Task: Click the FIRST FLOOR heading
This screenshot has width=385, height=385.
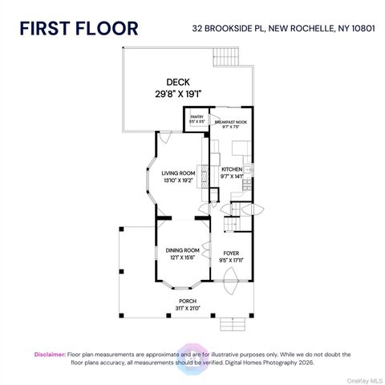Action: pyautogui.click(x=79, y=28)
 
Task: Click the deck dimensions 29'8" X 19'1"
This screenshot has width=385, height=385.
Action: pyautogui.click(x=179, y=94)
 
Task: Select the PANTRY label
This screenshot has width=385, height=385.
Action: pyautogui.click(x=197, y=117)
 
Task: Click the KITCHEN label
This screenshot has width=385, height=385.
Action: pyautogui.click(x=233, y=169)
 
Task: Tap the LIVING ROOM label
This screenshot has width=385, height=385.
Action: pyautogui.click(x=178, y=172)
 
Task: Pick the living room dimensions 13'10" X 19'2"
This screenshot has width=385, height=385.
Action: pyautogui.click(x=178, y=180)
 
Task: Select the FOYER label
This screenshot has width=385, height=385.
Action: pyautogui.click(x=232, y=253)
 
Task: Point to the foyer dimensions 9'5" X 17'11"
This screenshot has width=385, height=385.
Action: pyautogui.click(x=232, y=260)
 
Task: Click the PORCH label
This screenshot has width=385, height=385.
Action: pyautogui.click(x=188, y=301)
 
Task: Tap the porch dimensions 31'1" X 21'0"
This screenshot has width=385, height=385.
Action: pyautogui.click(x=188, y=307)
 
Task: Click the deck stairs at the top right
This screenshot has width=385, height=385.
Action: pyautogui.click(x=225, y=57)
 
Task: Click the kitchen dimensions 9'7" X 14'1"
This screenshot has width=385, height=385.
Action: pyautogui.click(x=233, y=176)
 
